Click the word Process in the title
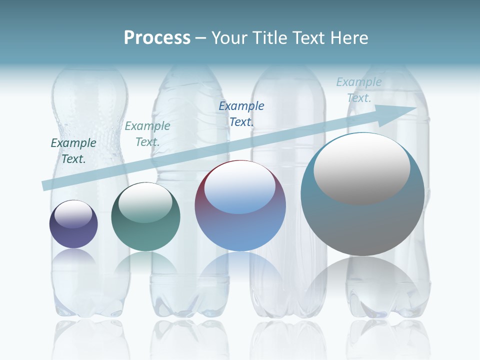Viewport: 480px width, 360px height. (x=157, y=38)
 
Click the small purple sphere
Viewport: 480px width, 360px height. (x=73, y=235)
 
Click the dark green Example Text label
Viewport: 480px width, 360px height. (x=73, y=150)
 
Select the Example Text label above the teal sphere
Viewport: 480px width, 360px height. (x=147, y=133)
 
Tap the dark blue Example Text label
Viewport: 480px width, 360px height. (x=241, y=113)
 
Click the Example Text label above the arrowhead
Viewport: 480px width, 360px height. (x=359, y=89)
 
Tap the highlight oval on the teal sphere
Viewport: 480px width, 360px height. (x=145, y=202)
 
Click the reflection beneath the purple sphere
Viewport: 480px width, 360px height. (x=73, y=257)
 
